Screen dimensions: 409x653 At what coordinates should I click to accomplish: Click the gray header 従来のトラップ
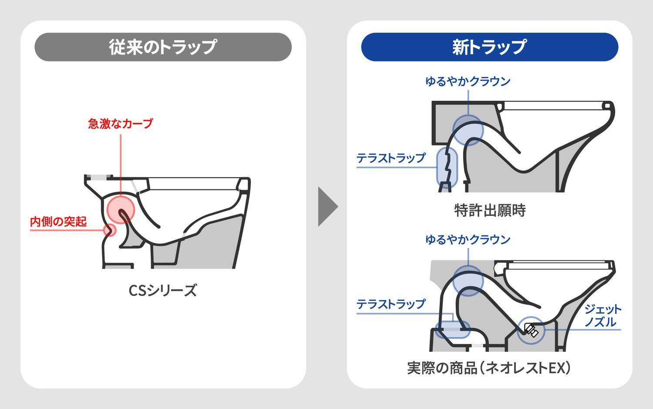coord(163,47)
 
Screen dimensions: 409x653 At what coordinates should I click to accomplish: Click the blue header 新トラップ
coord(489,47)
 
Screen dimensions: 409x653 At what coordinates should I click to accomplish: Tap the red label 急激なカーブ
coord(121,124)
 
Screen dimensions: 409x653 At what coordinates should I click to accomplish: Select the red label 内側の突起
coord(58,222)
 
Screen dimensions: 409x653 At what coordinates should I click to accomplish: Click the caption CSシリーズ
coord(163,290)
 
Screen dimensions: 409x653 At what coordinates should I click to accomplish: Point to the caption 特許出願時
coord(490,210)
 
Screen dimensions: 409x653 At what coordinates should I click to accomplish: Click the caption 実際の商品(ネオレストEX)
coord(489,368)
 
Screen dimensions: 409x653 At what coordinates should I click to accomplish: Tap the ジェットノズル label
coord(603,316)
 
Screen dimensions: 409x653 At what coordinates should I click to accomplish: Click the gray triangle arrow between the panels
coord(327,206)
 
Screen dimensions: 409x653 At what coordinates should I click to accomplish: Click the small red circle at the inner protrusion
coord(111,230)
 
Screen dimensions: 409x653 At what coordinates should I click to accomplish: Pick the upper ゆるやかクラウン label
coord(468,82)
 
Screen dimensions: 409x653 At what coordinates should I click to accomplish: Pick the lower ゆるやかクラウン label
coord(468,240)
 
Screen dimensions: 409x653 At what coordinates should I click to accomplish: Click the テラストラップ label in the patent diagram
coord(390,158)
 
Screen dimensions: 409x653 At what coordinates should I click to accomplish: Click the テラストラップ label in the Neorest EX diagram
coord(390,304)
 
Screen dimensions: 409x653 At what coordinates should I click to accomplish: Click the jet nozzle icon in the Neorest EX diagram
coord(531,330)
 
